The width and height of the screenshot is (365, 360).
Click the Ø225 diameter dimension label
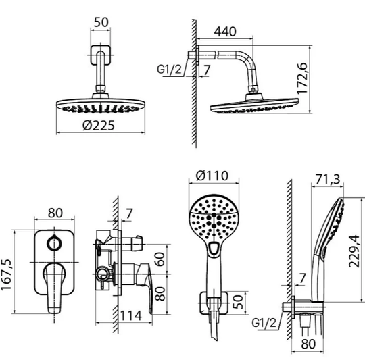click(99, 125)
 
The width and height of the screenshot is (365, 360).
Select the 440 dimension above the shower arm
click(225, 31)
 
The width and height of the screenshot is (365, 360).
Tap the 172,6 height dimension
click(303, 78)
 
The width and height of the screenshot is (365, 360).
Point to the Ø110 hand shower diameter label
click(212, 176)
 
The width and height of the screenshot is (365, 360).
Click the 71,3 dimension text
click(328, 179)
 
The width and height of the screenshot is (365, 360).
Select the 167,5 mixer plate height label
click(6, 275)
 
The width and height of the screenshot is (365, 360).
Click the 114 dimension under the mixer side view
click(131, 315)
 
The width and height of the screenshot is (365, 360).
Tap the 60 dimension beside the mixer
click(160, 259)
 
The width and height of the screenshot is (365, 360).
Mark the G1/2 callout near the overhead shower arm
click(169, 69)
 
